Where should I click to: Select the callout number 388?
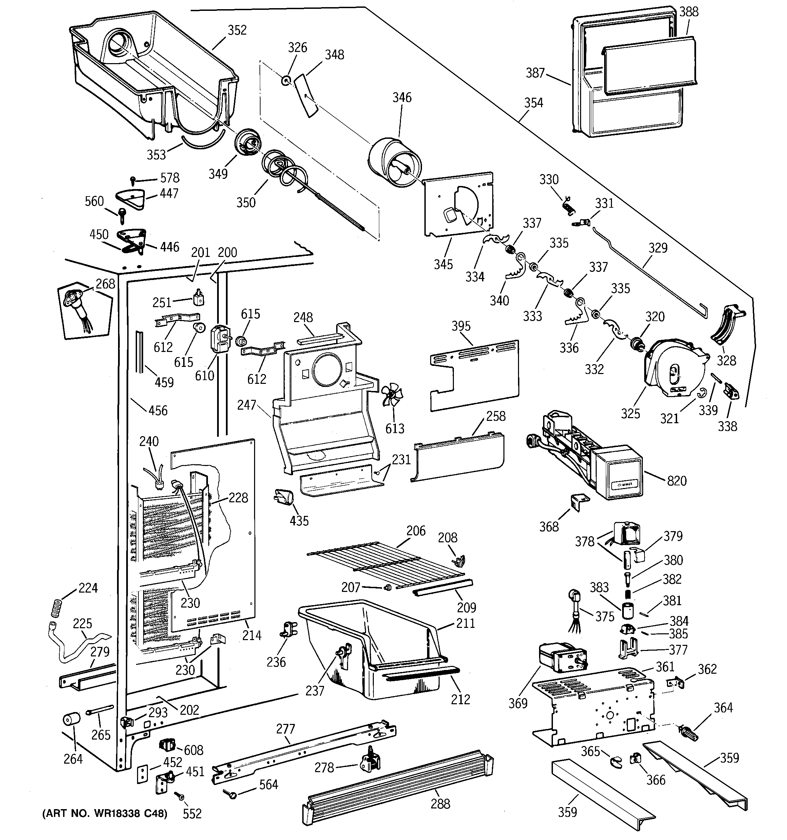coord(689,12)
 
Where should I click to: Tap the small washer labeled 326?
coord(286,79)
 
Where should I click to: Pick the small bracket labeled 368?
coord(579,502)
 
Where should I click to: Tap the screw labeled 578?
coord(134,180)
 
